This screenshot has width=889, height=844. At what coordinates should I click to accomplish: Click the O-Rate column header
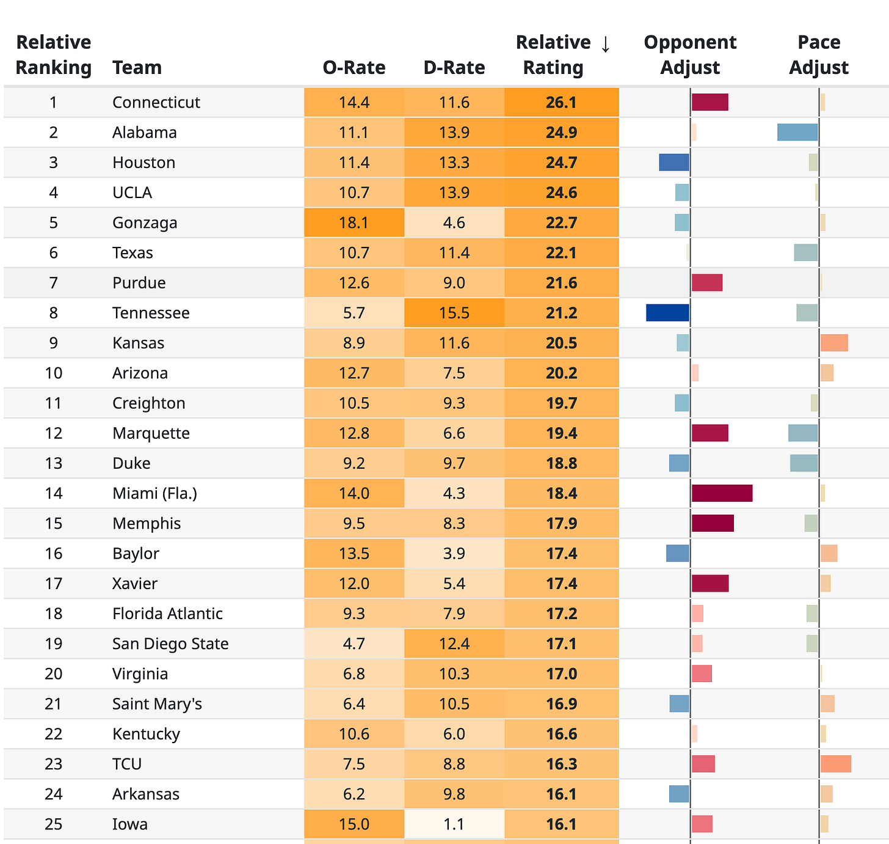point(354,67)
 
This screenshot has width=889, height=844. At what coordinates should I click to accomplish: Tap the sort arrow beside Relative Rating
point(605,44)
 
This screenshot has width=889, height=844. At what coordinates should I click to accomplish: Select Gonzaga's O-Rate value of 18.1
point(354,222)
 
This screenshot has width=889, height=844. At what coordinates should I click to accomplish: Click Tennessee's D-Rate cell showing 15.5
point(454,312)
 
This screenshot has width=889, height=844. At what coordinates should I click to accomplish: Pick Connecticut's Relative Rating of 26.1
point(561,102)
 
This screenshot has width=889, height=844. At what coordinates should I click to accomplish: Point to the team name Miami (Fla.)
point(154,493)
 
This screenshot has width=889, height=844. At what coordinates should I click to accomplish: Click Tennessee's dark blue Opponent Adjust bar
point(667,312)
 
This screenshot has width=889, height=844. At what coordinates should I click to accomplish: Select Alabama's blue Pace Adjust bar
point(797,132)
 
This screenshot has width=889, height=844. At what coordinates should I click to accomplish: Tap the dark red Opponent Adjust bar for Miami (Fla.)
point(722,493)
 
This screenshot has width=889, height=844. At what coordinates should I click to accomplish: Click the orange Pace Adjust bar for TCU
point(836,764)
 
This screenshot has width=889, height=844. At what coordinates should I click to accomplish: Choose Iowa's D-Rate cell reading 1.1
point(454,824)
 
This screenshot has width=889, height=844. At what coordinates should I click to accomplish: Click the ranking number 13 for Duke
point(53,463)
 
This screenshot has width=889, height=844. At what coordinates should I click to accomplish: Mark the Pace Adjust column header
point(819,55)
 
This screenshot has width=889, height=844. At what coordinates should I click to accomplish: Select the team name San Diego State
point(170,644)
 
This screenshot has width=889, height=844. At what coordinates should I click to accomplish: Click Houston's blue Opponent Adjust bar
point(673,162)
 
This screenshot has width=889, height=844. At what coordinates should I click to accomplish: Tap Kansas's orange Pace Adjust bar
point(834,343)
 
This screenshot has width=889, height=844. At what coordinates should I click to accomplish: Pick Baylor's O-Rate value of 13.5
point(354,553)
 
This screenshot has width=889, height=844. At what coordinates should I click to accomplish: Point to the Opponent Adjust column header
point(690,55)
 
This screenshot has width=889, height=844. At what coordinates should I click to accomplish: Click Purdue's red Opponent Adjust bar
point(707,282)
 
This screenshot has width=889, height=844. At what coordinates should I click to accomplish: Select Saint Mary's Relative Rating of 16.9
point(561,703)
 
